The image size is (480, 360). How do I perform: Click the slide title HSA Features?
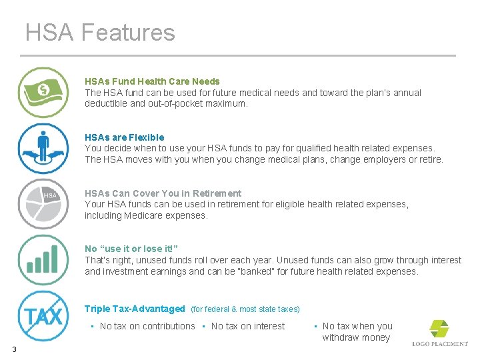(100, 33)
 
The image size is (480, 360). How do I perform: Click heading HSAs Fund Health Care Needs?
(152, 81)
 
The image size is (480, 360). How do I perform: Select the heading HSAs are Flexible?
(124, 137)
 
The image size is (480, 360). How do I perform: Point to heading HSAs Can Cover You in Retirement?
(163, 193)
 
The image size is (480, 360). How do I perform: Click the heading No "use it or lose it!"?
(131, 249)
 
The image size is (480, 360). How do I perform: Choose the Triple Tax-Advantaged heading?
(135, 309)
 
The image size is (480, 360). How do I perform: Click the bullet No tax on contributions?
(147, 326)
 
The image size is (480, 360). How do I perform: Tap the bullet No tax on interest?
(247, 326)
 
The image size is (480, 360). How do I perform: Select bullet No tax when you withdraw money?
(357, 331)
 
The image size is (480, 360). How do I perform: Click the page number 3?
(13, 349)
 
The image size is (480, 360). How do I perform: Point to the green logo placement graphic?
(439, 328)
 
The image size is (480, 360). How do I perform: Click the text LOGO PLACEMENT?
(440, 344)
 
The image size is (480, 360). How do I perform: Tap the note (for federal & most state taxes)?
(245, 309)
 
